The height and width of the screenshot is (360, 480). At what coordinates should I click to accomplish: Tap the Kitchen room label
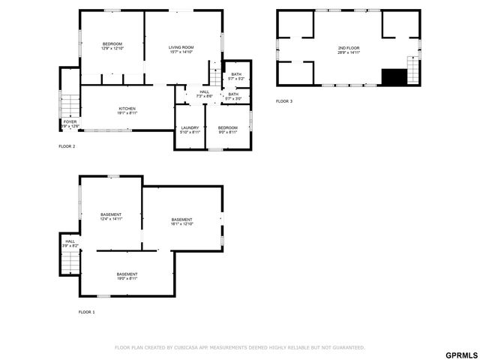click(x=127, y=110)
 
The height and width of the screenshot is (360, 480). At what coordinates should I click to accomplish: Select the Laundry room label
click(x=190, y=130)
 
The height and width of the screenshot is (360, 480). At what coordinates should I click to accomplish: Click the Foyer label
click(x=70, y=123)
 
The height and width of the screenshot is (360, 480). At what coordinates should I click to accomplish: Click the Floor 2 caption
click(x=67, y=146)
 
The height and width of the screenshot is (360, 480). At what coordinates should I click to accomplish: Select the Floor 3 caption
click(x=284, y=101)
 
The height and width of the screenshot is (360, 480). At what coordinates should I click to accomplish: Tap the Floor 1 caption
click(x=87, y=311)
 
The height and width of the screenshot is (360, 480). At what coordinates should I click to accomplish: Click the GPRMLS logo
click(x=460, y=354)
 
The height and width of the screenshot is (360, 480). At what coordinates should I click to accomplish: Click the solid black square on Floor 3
click(x=393, y=76)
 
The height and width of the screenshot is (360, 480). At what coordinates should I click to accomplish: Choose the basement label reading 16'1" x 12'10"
click(x=181, y=221)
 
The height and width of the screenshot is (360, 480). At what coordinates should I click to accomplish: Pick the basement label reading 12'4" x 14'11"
click(x=111, y=217)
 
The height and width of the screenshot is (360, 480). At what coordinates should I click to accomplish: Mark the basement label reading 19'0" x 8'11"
click(x=127, y=276)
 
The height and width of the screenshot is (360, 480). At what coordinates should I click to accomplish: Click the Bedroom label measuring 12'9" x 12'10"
click(x=112, y=46)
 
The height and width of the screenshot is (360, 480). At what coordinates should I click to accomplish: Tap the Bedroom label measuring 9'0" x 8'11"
click(x=227, y=130)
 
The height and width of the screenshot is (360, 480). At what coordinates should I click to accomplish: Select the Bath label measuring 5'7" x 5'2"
click(x=236, y=76)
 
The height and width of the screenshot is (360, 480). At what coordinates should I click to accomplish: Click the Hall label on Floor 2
click(x=204, y=94)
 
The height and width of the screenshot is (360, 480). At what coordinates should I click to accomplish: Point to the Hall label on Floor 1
click(x=70, y=243)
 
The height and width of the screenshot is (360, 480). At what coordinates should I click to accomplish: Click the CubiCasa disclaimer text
click(x=239, y=347)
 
